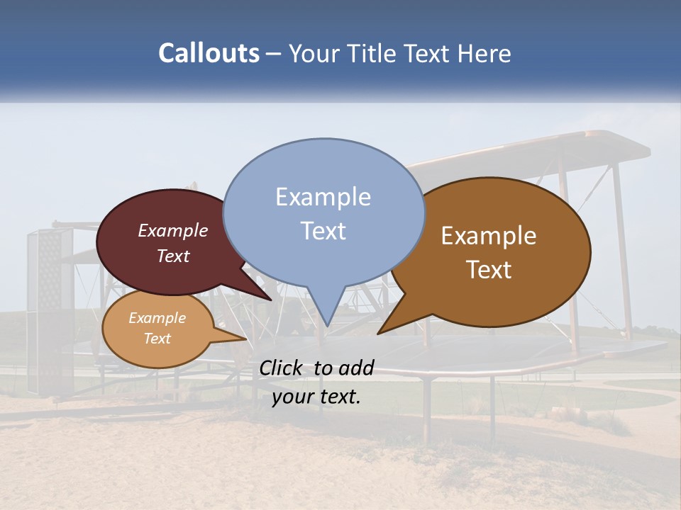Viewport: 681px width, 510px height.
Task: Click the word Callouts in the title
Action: (x=209, y=54)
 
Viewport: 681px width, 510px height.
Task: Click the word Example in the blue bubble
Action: (x=323, y=197)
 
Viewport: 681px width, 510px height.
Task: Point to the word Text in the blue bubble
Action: (x=323, y=231)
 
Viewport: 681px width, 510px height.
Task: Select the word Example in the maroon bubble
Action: (x=173, y=231)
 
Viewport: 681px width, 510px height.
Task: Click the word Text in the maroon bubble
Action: (x=173, y=256)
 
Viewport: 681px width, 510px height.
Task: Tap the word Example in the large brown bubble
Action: (x=489, y=236)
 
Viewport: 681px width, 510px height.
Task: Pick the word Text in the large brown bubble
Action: (x=489, y=270)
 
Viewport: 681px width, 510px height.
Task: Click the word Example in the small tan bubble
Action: (x=157, y=318)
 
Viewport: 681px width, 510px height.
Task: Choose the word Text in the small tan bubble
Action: (x=157, y=339)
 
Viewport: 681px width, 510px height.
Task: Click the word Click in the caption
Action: (x=282, y=368)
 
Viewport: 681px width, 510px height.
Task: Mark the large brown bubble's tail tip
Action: (x=380, y=331)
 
